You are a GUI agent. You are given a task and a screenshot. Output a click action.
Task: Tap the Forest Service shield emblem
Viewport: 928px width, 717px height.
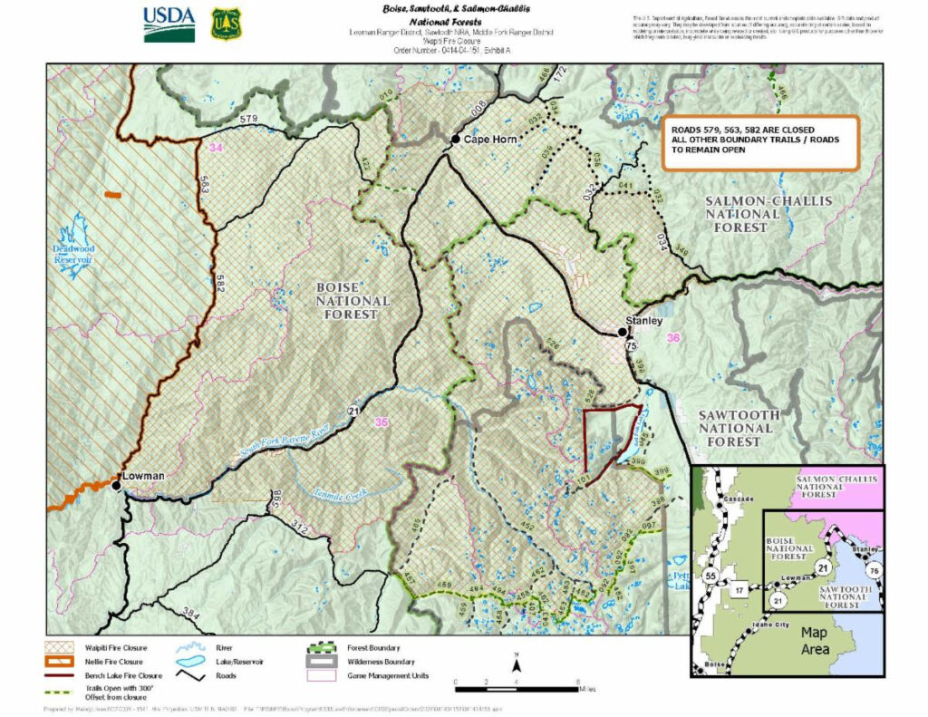(227, 24)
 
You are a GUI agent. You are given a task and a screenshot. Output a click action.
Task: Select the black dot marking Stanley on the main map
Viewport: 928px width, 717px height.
(623, 333)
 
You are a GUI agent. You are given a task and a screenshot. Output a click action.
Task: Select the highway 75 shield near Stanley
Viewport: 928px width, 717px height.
(630, 345)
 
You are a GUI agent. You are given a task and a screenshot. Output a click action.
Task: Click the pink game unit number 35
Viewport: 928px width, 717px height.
(382, 421)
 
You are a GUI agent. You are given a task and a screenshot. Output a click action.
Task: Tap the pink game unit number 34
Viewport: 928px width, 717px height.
(215, 148)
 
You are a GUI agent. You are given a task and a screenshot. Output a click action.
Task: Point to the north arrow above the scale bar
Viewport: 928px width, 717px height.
(515, 658)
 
